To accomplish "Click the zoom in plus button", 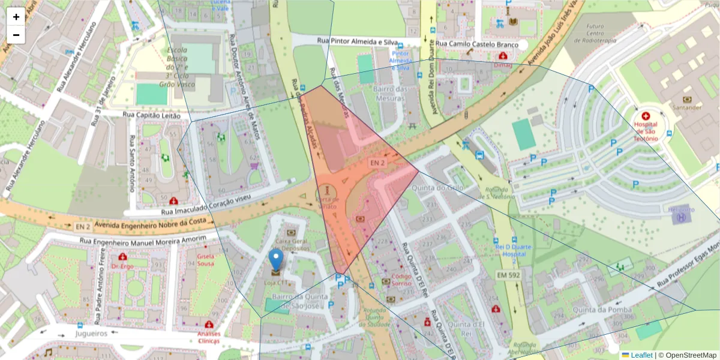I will [16, 17].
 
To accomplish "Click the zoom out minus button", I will [16, 35].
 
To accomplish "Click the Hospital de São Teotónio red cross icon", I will [646, 116].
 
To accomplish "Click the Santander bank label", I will [687, 107].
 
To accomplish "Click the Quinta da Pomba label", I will [602, 310].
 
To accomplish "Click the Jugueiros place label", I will [91, 333].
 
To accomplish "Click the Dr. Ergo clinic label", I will [122, 266].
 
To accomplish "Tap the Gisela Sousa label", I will [206, 260].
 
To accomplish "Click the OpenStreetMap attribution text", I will [691, 355].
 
